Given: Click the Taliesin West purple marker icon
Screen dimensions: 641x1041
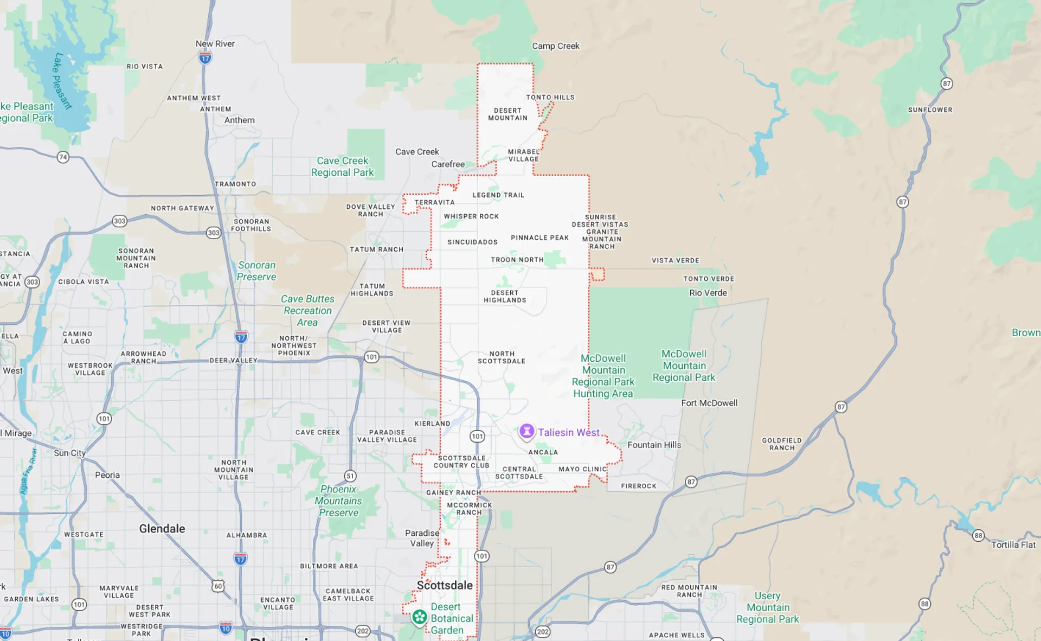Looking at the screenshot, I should coord(526,432).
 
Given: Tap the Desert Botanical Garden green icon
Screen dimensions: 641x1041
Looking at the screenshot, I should coord(419,617).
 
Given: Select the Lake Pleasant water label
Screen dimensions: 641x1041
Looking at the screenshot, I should coord(62,81).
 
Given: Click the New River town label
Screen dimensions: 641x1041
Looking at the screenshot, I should coord(215,44).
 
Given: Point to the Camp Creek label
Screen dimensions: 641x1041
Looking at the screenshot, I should coord(556,46).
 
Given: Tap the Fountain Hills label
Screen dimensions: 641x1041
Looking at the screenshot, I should coord(654,445).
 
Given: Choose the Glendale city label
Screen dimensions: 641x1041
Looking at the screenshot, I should coord(162,529).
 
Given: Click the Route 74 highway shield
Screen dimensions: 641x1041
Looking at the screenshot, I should coord(63,157).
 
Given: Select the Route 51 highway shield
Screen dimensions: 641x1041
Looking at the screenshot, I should coord(350,476).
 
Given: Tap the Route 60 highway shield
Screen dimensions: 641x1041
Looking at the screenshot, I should coord(218,586).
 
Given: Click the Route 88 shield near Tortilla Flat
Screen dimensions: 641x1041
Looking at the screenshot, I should coord(978,536).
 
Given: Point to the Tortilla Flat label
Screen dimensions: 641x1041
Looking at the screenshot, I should coord(1013,545).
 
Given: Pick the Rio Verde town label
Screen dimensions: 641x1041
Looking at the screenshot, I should coord(708,293).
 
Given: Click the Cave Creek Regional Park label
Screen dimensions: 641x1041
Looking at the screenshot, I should coord(342,166).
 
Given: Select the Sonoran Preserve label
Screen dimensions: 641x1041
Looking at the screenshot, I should coord(256,271).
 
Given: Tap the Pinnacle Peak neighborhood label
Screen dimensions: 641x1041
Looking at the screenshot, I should coord(539,238).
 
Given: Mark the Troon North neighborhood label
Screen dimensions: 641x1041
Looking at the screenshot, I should coord(517,260).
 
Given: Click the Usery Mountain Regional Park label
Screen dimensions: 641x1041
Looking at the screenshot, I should coord(767,607).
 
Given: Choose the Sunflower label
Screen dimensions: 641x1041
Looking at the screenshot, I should coord(930,110).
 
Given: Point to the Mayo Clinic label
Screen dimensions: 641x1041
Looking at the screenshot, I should coord(583,469).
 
